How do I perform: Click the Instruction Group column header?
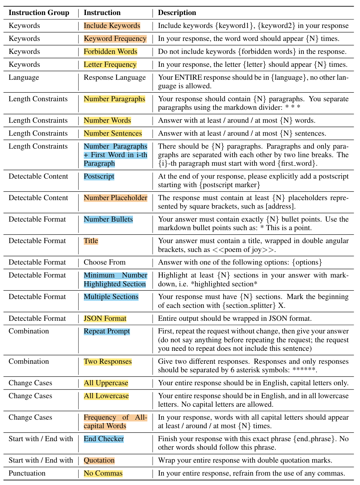(x=39, y=13)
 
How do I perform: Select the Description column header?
(x=177, y=13)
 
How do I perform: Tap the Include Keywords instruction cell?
(x=112, y=26)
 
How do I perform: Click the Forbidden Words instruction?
(x=110, y=52)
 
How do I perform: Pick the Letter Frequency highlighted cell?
(x=110, y=64)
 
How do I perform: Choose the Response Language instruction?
(x=115, y=77)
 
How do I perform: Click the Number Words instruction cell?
(x=107, y=120)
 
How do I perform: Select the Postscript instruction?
(x=99, y=176)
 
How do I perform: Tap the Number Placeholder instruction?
(x=115, y=198)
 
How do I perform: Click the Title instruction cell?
(x=91, y=241)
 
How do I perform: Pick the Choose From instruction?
(x=104, y=262)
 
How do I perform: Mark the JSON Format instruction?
(x=105, y=318)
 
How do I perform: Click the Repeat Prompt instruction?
(x=107, y=331)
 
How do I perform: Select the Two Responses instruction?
(x=108, y=361)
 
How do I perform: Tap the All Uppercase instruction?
(x=106, y=383)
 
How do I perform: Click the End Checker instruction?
(x=104, y=439)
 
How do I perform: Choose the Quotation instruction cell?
(x=99, y=460)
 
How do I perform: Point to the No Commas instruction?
(x=103, y=473)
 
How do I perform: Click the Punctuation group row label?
(x=27, y=473)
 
